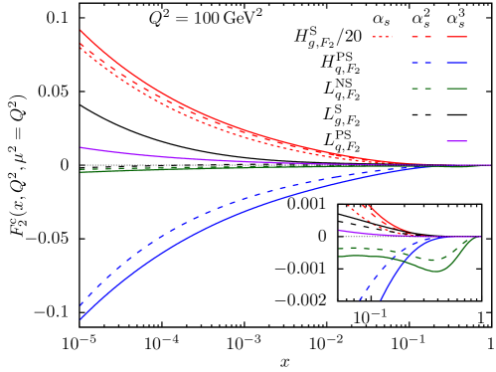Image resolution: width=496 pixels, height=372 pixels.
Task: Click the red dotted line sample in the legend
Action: pos(382,37)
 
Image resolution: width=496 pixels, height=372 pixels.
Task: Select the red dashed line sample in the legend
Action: pos(420,37)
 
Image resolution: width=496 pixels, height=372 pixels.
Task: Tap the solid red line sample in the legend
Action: pos(456,37)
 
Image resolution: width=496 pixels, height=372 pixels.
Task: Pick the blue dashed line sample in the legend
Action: pos(420,63)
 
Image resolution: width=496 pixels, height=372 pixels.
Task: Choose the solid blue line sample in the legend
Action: pos(456,63)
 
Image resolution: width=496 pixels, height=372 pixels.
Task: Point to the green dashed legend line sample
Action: pos(420,89)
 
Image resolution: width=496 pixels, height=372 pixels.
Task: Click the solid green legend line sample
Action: pos(456,89)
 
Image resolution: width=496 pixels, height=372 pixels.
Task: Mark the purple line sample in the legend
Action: pos(456,141)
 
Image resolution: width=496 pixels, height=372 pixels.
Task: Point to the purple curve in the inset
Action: pos(378,235)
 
